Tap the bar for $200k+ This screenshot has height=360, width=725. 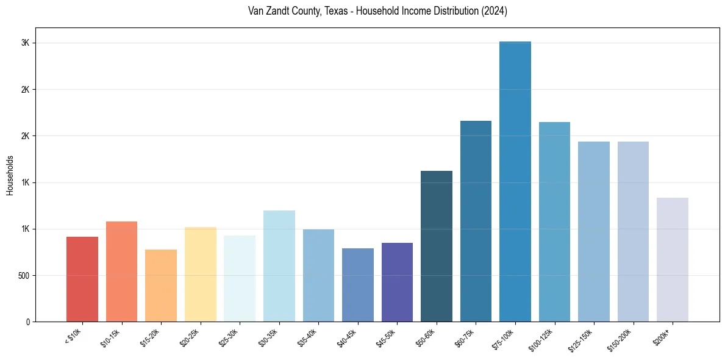tap(673, 259)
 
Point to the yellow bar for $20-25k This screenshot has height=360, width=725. tap(201, 274)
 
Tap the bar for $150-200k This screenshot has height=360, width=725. tap(633, 231)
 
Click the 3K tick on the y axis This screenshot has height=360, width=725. tap(25, 43)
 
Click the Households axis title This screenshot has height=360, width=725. tap(10, 175)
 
